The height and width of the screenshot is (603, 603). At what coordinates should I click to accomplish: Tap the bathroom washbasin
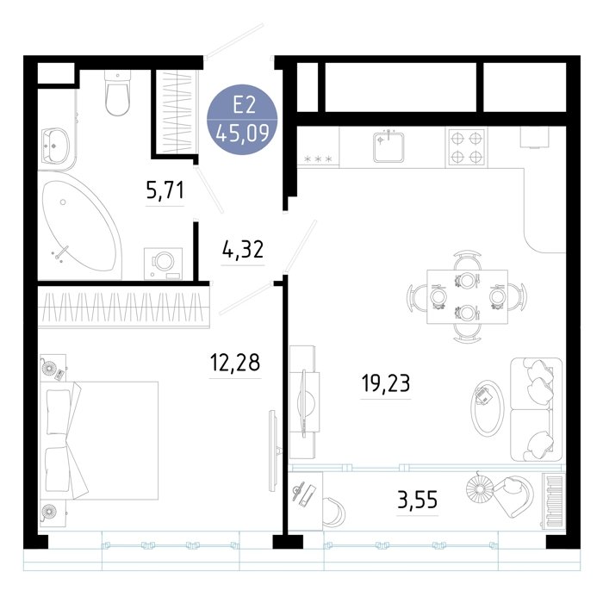[55, 147]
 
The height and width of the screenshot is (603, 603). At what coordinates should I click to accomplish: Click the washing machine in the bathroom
[163, 264]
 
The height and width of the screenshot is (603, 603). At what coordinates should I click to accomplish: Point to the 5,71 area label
[165, 190]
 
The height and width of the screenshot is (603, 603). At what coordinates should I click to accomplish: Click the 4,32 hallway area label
[243, 249]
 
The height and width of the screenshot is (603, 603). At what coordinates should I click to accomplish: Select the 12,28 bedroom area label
[235, 363]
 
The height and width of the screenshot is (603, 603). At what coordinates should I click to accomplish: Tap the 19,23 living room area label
[386, 383]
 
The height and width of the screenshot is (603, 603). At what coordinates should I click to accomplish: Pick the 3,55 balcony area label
[417, 500]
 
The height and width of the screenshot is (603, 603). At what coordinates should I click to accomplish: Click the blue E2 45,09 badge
[242, 120]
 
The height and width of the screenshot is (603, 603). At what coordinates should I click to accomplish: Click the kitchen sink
[389, 147]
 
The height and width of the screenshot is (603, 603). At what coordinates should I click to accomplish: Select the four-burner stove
[466, 147]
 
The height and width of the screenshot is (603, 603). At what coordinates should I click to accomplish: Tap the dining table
[467, 296]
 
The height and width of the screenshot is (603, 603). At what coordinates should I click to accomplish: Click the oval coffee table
[488, 408]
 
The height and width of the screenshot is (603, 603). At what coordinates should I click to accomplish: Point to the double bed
[100, 440]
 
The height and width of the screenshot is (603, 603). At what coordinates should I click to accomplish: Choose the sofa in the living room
[536, 409]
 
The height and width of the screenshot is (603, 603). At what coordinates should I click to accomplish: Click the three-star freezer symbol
[318, 159]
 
